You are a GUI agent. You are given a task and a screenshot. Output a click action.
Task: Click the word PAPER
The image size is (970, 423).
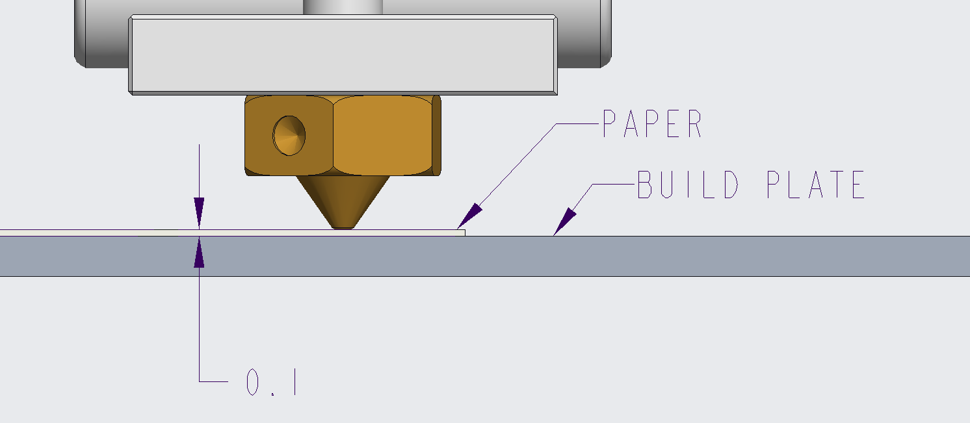click(x=652, y=123)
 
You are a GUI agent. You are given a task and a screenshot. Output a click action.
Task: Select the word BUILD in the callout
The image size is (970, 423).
click(x=688, y=185)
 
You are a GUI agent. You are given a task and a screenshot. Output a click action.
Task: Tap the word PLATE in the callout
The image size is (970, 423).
click(x=816, y=185)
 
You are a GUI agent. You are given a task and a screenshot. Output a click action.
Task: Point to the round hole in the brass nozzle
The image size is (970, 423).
click(x=289, y=136)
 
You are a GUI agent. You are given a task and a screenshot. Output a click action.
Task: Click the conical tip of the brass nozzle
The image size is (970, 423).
click(x=343, y=202)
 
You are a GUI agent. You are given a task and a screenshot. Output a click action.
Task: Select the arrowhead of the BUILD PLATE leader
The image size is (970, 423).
click(x=565, y=222)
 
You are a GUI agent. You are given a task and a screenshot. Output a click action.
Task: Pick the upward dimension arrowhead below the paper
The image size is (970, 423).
click(x=199, y=252)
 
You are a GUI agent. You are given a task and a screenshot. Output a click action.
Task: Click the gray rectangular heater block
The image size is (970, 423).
click(x=343, y=55)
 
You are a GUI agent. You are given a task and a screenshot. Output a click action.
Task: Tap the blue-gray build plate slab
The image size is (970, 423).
click(x=485, y=256)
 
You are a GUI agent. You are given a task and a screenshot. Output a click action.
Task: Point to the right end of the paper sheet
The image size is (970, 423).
click(x=465, y=233)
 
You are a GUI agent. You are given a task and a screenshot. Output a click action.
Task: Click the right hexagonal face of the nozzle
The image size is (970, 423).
click(x=383, y=136)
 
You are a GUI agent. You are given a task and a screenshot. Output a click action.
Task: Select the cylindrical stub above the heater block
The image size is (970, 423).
click(x=343, y=7)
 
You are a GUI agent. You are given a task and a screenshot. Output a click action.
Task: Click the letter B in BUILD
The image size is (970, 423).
click(x=645, y=185)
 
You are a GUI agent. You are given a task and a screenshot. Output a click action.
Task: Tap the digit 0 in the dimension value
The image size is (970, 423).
click(x=252, y=382)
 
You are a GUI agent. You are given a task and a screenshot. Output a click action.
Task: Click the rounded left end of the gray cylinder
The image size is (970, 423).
click(x=80, y=34)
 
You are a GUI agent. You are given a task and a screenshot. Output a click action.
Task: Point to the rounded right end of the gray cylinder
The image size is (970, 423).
click(x=606, y=34)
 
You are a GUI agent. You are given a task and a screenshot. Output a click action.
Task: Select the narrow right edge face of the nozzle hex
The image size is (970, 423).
click(x=437, y=136)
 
